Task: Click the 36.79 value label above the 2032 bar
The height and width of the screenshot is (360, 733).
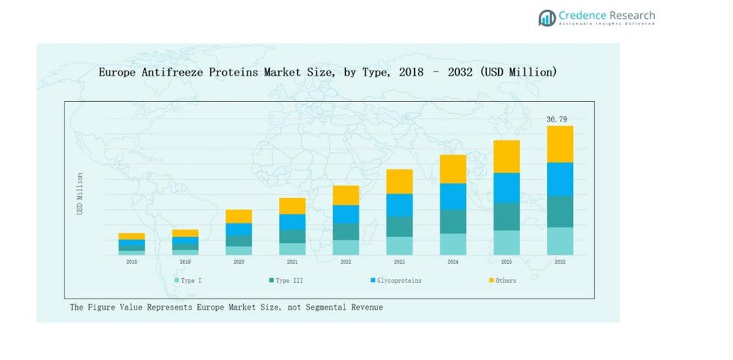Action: [x=557, y=119]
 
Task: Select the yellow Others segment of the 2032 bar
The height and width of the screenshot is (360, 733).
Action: [x=560, y=144]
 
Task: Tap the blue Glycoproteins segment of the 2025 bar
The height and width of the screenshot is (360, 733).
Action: [x=506, y=187]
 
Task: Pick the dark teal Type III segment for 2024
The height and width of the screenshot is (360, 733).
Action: [x=452, y=221]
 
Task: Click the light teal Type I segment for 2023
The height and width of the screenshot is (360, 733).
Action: [x=399, y=246]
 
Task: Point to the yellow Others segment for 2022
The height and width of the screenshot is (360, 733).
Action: [x=346, y=195]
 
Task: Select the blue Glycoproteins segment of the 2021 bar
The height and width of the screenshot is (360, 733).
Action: [x=292, y=221]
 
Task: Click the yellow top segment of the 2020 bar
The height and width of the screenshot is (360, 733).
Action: [x=239, y=216]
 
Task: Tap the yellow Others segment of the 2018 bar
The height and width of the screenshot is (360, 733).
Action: [x=131, y=236]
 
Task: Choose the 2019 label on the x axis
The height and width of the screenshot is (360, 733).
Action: [x=185, y=262]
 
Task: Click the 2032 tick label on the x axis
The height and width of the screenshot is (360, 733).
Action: [x=560, y=262]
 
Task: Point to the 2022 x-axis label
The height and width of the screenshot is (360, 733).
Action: [x=346, y=262]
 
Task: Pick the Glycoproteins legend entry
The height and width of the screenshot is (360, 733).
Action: [x=398, y=280]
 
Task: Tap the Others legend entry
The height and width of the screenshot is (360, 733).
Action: [x=505, y=280]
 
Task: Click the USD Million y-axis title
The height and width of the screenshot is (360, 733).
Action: [x=80, y=194]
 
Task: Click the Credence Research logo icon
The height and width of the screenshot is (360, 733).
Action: [x=546, y=18]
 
